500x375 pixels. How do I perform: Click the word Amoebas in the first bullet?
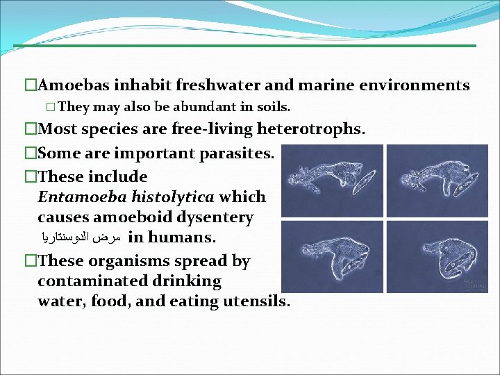(72, 85)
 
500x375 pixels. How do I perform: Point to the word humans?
(181, 237)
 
